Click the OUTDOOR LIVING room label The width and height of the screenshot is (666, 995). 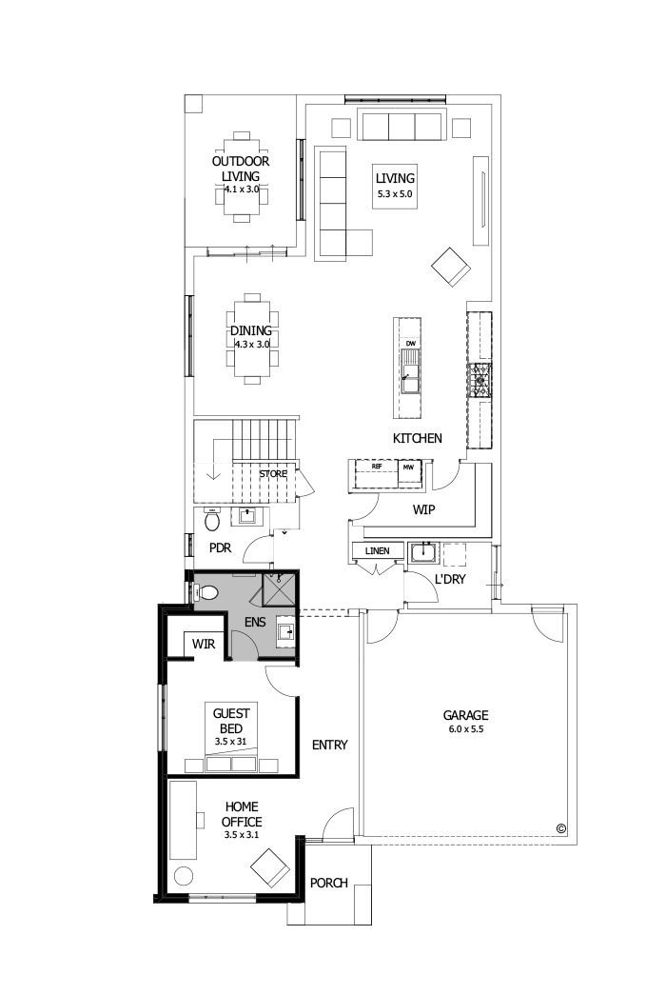(241, 169)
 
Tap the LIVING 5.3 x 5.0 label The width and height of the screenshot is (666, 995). (395, 185)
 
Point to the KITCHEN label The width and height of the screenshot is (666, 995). (418, 439)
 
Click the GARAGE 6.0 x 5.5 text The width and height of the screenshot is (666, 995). (465, 721)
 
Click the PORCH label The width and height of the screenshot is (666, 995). (328, 883)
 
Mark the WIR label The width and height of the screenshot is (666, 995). (204, 645)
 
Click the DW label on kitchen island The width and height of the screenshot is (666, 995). (411, 343)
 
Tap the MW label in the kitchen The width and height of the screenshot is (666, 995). (408, 468)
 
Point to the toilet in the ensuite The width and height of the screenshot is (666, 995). (207, 592)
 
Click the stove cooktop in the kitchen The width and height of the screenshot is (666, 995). (480, 379)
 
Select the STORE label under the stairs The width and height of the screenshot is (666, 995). (273, 473)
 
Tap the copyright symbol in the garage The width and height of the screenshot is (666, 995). (560, 827)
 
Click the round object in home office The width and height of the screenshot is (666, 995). (184, 876)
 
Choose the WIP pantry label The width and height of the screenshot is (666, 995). (423, 510)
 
